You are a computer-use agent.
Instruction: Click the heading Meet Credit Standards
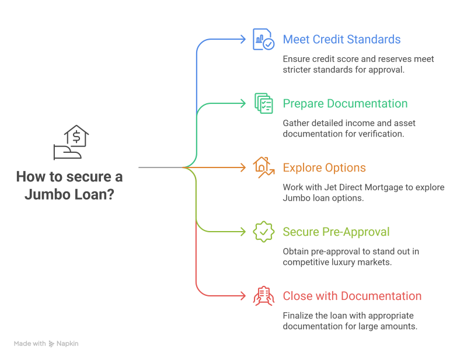(341, 40)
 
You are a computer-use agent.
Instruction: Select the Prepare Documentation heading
(345, 104)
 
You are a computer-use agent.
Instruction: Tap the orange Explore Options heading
(324, 168)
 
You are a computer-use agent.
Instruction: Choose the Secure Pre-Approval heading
(336, 232)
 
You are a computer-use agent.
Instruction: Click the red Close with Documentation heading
(352, 296)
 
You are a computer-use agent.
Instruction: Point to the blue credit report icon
(263, 40)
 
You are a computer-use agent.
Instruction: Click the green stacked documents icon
(263, 104)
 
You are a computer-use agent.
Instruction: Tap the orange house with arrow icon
(263, 167)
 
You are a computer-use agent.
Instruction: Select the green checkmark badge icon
(263, 232)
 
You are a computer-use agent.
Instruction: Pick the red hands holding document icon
(263, 296)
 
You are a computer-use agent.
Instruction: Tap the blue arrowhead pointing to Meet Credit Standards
(243, 40)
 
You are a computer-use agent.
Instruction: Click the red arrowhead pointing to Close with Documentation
(243, 296)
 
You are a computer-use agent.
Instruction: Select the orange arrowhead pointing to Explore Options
(243, 168)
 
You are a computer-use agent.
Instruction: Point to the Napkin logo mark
(51, 344)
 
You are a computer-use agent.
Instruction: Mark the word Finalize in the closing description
(298, 316)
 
